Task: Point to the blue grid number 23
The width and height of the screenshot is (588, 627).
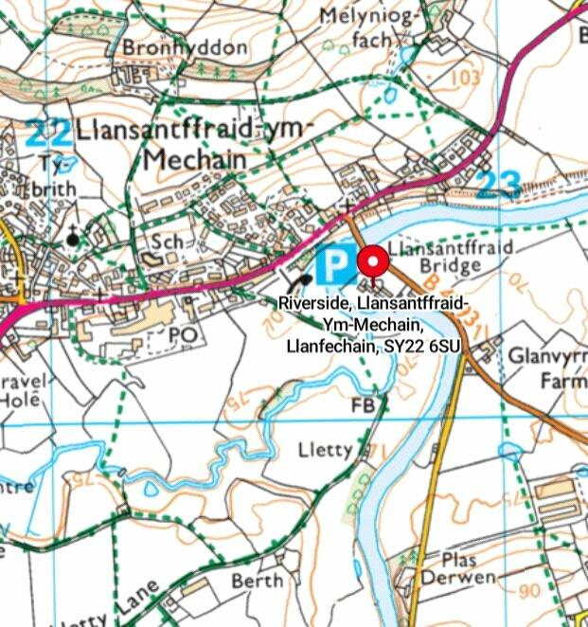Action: point(498,184)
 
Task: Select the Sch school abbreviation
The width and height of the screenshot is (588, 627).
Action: point(168,242)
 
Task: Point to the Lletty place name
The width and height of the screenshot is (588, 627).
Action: point(324,449)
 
